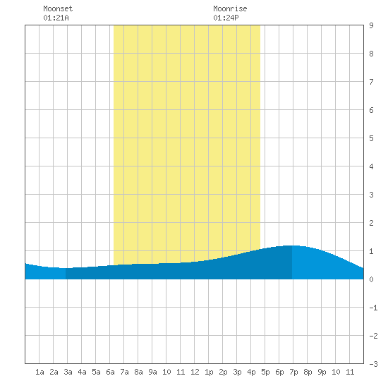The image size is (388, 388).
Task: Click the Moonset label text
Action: pyautogui.click(x=58, y=8)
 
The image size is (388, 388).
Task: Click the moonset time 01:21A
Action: pyautogui.click(x=56, y=18)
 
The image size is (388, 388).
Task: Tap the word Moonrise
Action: pyautogui.click(x=230, y=8)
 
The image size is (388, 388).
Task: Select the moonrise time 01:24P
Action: pyautogui.click(x=226, y=18)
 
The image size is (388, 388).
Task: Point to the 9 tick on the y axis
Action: pyautogui.click(x=371, y=25)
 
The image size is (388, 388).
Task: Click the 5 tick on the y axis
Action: pyautogui.click(x=371, y=138)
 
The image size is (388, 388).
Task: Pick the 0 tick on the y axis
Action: pyautogui.click(x=371, y=279)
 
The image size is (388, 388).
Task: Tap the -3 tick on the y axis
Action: pyautogui.click(x=373, y=364)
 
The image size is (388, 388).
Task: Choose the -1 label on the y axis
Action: pyautogui.click(x=373, y=308)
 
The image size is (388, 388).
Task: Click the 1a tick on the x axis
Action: pyautogui.click(x=40, y=372)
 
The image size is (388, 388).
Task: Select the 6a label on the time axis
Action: pyautogui.click(x=110, y=372)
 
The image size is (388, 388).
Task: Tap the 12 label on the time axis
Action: pyautogui.click(x=195, y=372)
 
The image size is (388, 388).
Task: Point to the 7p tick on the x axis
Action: pyautogui.click(x=293, y=372)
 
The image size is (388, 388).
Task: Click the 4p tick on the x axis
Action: pyautogui.click(x=251, y=372)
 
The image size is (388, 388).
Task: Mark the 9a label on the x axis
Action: pyautogui.click(x=152, y=372)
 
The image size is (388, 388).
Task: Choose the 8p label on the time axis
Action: pyautogui.click(x=308, y=372)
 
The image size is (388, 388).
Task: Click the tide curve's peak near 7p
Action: pyautogui.click(x=292, y=245)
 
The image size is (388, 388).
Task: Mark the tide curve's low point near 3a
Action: pyautogui.click(x=66, y=268)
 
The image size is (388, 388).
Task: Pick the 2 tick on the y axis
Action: pyautogui.click(x=371, y=223)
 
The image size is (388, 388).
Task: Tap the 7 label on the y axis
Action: pyautogui.click(x=371, y=82)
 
